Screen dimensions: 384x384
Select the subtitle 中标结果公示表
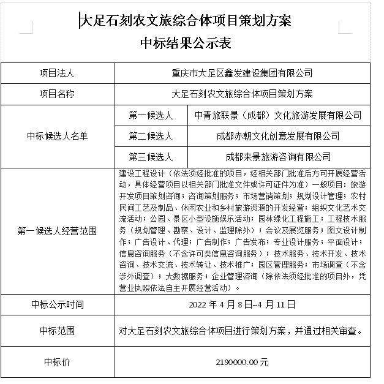[x=186, y=43]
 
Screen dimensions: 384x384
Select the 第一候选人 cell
[x=151, y=115]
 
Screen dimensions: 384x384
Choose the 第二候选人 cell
[x=151, y=136]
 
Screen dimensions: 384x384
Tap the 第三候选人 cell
[x=151, y=157]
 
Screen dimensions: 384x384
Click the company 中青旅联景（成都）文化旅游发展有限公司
[x=277, y=115]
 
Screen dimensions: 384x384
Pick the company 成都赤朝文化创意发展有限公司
[x=277, y=136]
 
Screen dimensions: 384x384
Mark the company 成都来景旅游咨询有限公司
[x=277, y=157]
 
